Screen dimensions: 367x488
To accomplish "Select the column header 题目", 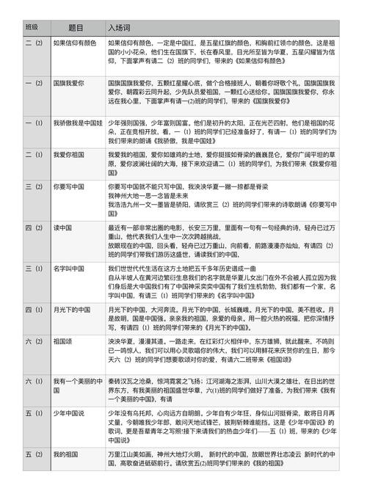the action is point(76,26).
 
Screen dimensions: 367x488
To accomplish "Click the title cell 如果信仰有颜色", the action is point(75,43).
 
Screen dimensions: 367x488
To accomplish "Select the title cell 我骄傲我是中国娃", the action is point(78,123).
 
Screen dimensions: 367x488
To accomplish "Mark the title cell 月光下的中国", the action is point(73,310).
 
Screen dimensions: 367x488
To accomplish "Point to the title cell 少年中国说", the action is point(70,413).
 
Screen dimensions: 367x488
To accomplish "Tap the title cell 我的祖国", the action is point(67,455).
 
